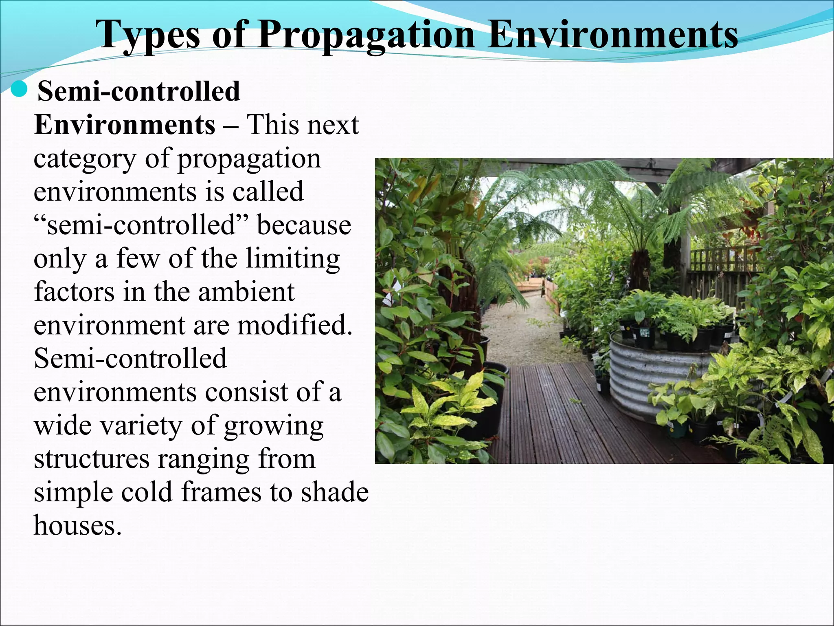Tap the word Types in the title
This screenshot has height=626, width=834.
point(149,36)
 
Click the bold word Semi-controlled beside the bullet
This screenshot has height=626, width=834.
point(138,91)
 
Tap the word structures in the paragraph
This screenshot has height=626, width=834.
point(92,459)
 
